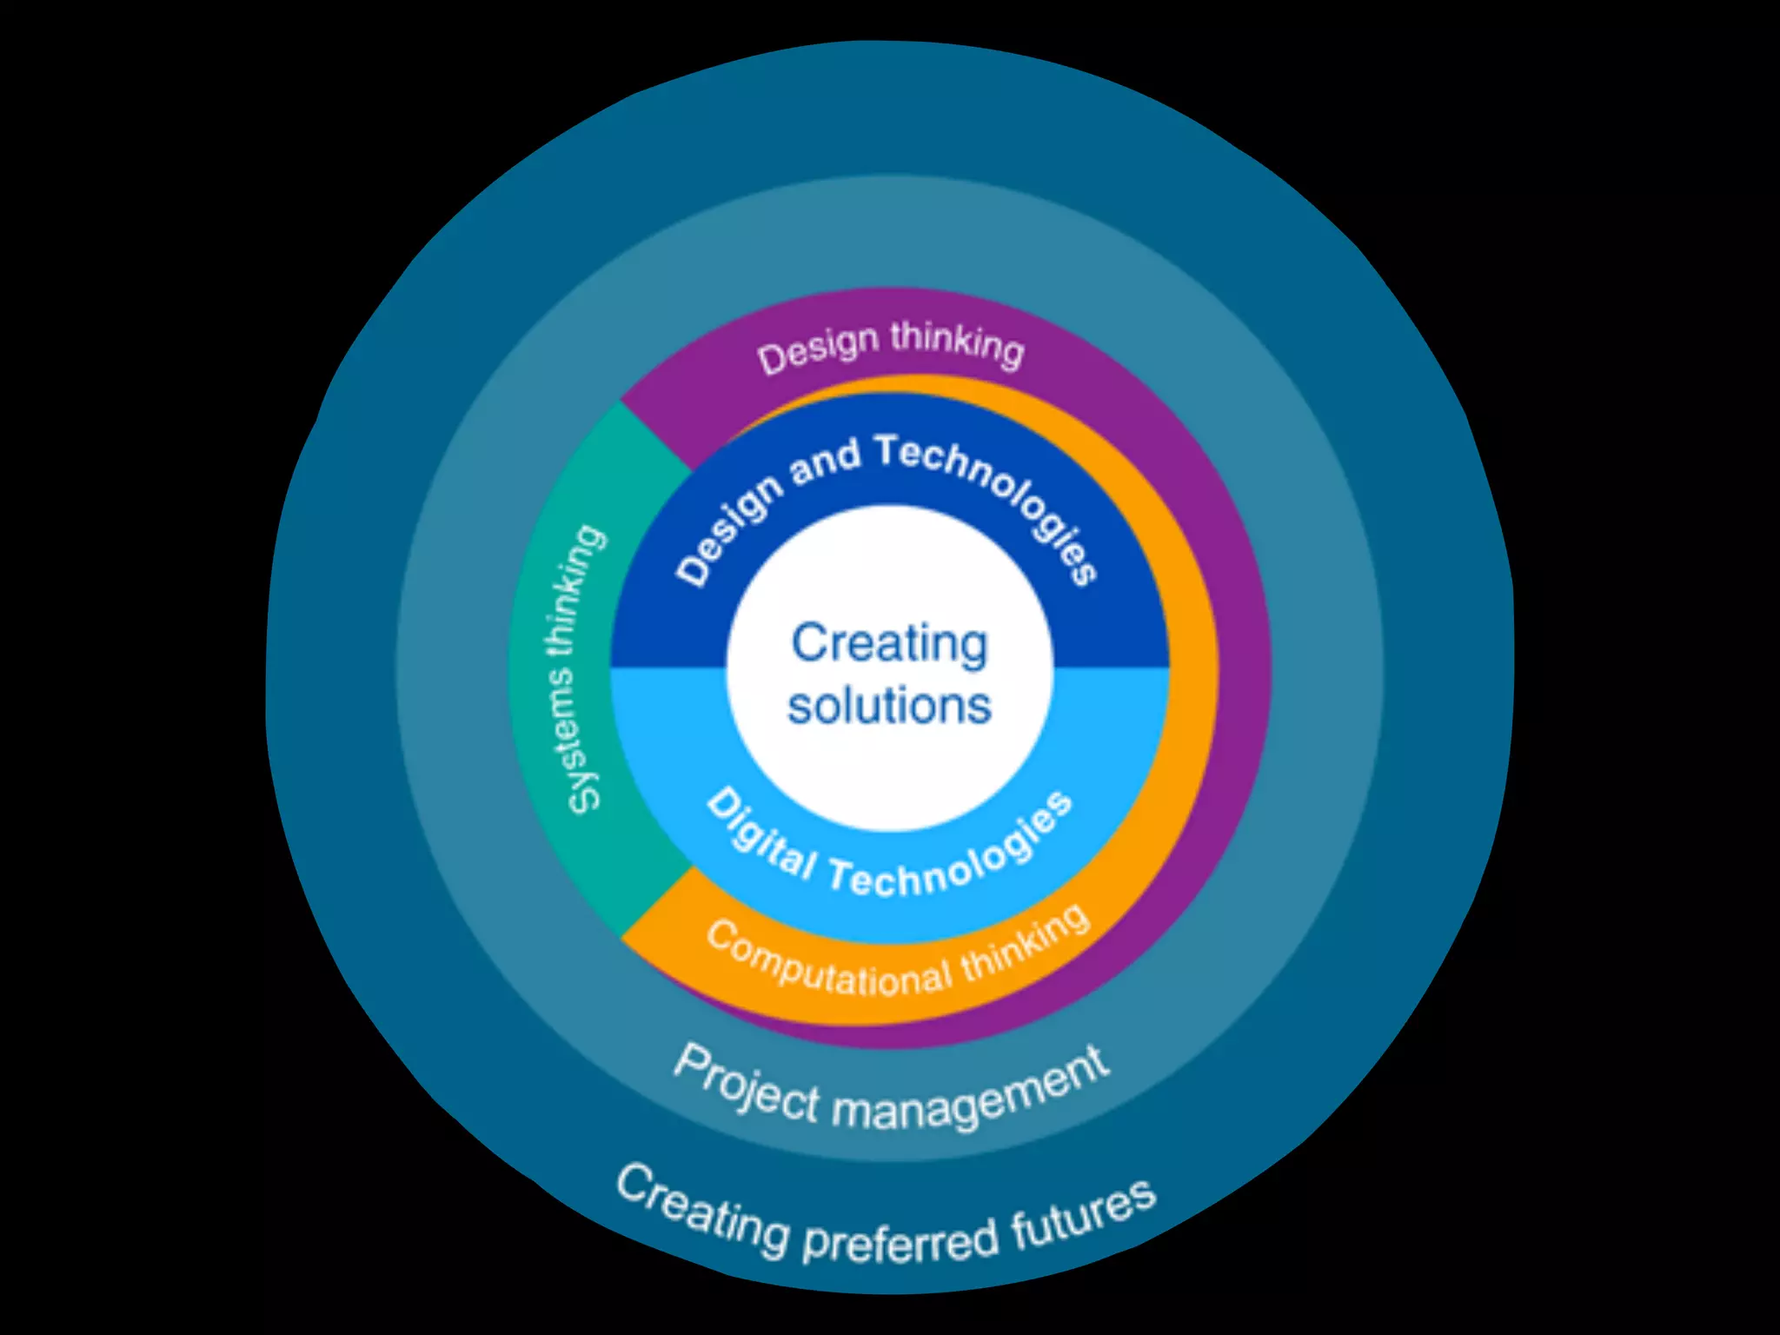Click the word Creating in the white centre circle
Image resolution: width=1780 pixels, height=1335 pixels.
point(889,645)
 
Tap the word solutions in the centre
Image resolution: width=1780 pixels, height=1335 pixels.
point(889,705)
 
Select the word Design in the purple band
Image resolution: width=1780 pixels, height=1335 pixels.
point(818,349)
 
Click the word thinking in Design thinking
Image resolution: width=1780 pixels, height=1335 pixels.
point(957,342)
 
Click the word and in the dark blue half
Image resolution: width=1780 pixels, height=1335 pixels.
point(824,462)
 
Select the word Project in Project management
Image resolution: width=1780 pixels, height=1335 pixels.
point(747,1083)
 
